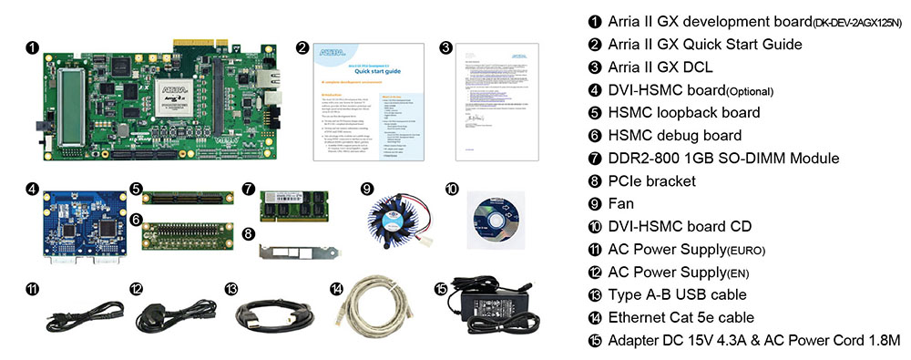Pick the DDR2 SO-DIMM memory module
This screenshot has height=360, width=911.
[294, 204]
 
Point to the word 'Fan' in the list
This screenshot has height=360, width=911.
[624, 203]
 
